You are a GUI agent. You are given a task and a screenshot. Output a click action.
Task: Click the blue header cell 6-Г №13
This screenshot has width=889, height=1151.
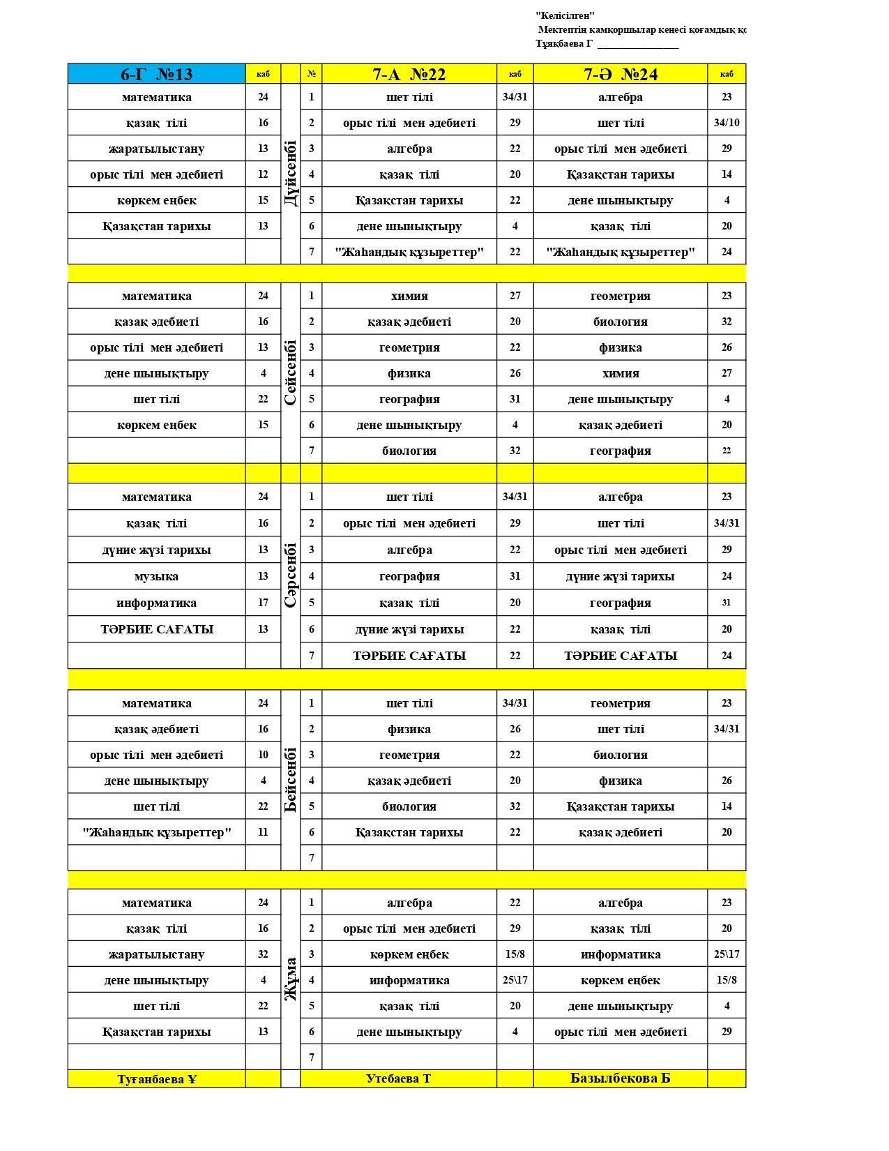(156, 74)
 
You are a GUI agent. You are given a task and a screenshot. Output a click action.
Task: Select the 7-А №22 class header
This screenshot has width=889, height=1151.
(409, 74)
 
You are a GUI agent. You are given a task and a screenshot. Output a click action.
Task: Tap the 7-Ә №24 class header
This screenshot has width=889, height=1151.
(620, 74)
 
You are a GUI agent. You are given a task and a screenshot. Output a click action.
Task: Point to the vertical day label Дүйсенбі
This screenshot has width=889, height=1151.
(291, 173)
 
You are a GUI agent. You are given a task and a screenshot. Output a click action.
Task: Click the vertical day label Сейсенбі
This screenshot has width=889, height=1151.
(291, 373)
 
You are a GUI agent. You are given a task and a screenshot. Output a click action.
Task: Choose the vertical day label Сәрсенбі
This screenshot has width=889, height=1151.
(291, 575)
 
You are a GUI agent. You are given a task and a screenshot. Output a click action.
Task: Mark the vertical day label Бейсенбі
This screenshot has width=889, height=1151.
(291, 780)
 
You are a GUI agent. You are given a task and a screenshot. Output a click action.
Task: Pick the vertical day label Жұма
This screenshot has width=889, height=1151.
(291, 979)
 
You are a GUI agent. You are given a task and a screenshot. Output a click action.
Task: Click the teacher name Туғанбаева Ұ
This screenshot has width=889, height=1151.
(156, 1078)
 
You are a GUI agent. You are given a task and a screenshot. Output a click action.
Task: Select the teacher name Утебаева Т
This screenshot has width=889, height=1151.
(398, 1078)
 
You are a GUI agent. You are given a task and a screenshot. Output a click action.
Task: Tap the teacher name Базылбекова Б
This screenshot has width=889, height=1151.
(620, 1078)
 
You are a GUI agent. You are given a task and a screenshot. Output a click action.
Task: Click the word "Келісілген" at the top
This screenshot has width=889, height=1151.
(565, 15)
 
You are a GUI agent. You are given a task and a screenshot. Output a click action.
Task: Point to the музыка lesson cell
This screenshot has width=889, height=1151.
(156, 576)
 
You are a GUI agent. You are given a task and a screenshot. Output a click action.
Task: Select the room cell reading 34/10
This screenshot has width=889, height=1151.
(727, 123)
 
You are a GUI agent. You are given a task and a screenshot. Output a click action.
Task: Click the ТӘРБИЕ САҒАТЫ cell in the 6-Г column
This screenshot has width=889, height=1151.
(156, 629)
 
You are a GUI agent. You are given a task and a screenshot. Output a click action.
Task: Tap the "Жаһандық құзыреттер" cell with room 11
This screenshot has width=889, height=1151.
(156, 832)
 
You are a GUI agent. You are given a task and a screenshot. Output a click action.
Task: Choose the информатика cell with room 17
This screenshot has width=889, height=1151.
(156, 603)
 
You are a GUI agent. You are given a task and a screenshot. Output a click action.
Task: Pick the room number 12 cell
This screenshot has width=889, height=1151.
(263, 174)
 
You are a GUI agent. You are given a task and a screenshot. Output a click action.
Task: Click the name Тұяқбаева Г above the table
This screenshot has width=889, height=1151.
(563, 43)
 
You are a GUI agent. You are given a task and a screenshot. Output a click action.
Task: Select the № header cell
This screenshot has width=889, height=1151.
(311, 74)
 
